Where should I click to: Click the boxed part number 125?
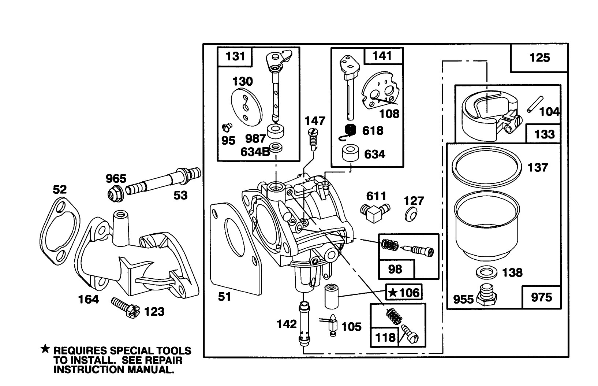[539, 58]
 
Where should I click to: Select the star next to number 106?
[393, 293]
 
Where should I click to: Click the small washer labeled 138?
[486, 272]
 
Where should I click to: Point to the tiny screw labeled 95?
[226, 127]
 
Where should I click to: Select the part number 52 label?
[60, 190]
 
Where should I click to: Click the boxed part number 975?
[541, 297]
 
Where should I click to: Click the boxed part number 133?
[544, 134]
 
